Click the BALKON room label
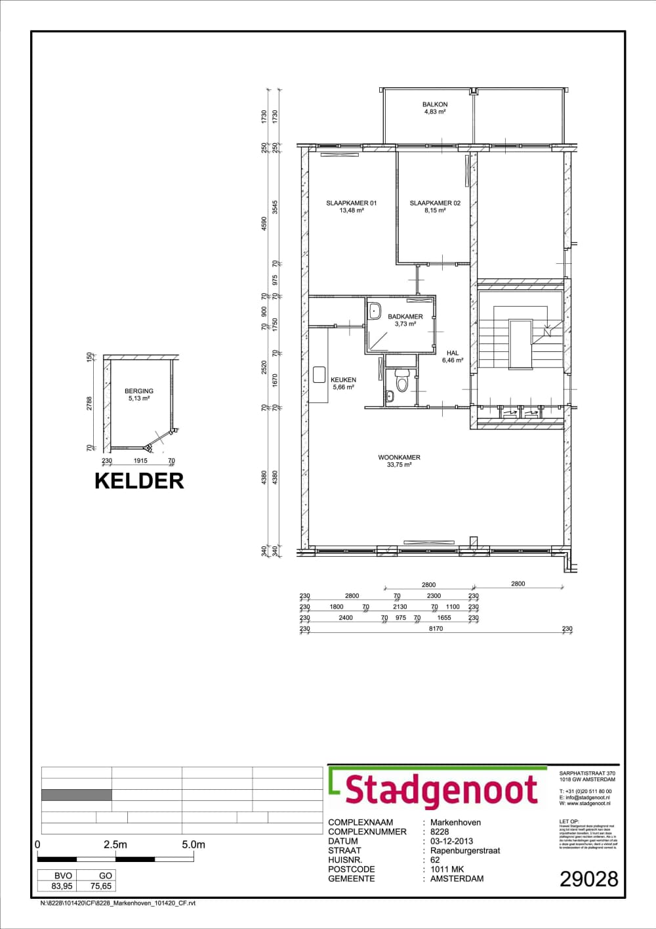pos(435,104)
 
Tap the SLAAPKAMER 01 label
pos(352,203)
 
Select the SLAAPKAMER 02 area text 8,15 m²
pos(435,211)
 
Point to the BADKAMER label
pos(405,316)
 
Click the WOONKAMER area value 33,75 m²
pos(399,465)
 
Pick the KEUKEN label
pos(343,379)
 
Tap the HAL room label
pos(453,353)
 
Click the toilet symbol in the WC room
pos(402,381)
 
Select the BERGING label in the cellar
pos(139,391)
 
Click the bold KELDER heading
pos(139,481)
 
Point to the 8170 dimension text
pos(436,628)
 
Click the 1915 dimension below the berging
pos(140,461)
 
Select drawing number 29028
pos(588,879)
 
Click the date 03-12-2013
pos(451,841)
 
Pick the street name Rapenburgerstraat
pos(465,850)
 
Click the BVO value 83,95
pos(62,886)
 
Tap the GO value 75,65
pos(101,886)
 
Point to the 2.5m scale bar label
pos(115,845)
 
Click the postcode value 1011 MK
pos(447,869)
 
